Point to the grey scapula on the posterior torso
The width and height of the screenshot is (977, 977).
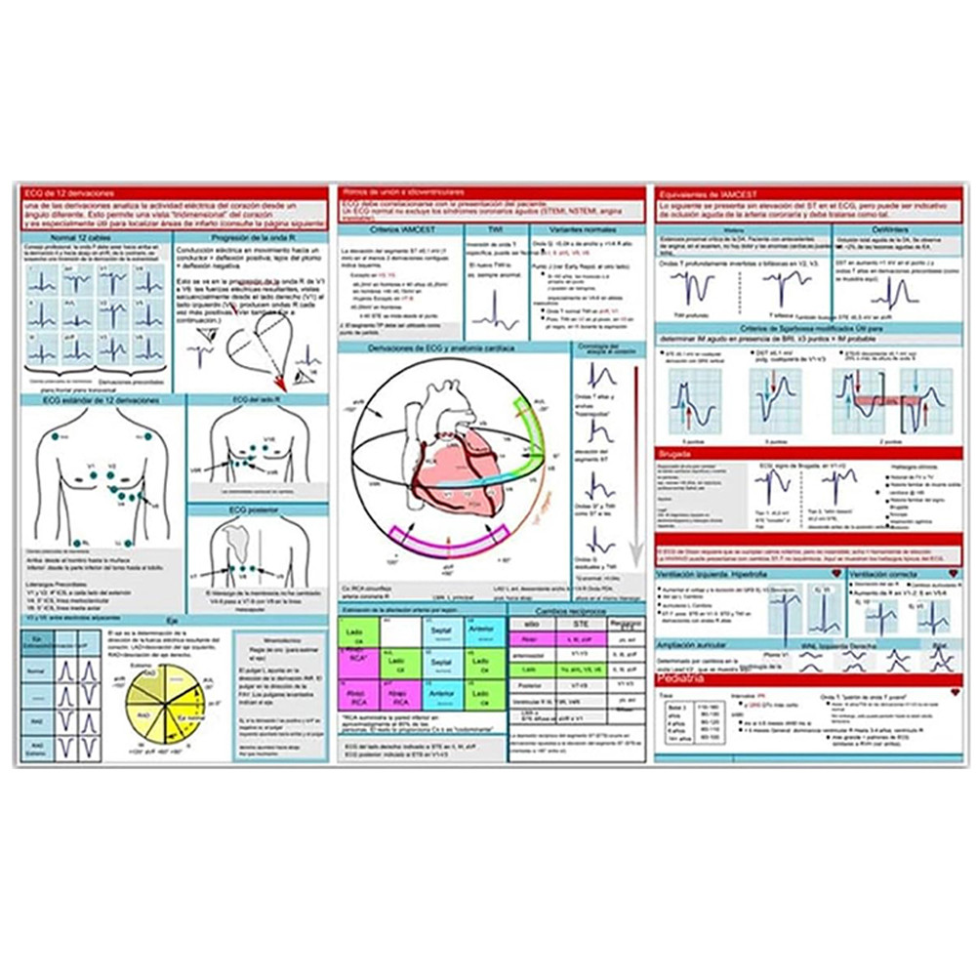[237, 538]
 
